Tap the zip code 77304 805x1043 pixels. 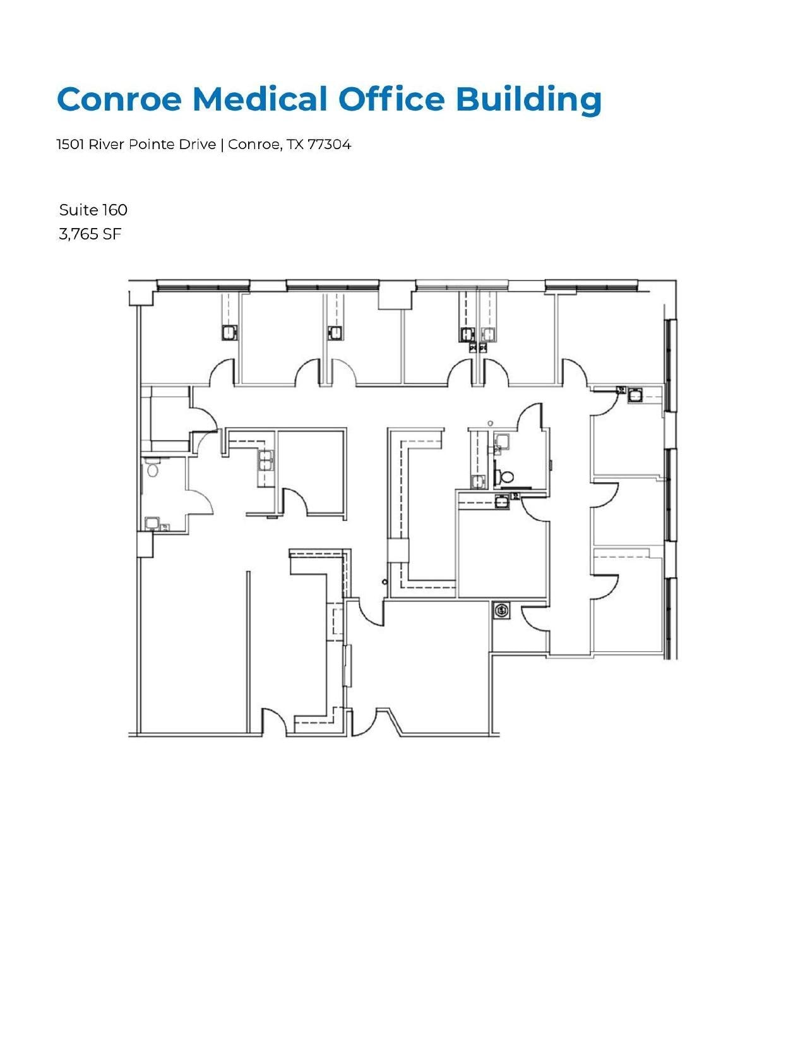(329, 145)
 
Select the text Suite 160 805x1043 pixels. (93, 210)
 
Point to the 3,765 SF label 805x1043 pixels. (90, 234)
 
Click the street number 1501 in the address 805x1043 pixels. (70, 145)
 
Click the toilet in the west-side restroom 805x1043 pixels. (152, 469)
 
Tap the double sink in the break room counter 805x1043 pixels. (266, 461)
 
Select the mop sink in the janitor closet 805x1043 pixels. (501, 611)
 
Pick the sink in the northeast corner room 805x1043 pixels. (635, 395)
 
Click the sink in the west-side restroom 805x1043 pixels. (152, 522)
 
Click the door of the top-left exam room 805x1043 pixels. (222, 373)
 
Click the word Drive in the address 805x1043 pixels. (197, 145)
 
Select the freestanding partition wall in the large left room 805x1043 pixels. (249, 651)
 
